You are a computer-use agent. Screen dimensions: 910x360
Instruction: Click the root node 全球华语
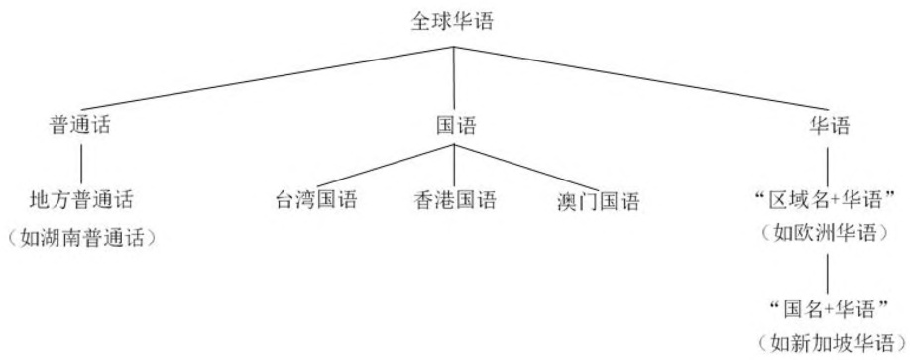(454, 20)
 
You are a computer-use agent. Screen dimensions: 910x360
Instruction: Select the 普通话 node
(80, 127)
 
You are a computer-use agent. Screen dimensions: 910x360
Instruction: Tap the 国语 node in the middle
(455, 127)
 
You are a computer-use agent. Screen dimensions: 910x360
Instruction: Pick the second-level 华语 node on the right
(829, 127)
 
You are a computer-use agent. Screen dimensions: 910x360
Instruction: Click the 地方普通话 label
(80, 201)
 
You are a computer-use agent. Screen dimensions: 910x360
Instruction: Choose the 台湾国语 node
(315, 201)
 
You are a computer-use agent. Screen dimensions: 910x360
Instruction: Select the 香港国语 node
(454, 201)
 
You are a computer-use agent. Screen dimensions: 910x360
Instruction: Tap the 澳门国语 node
(598, 201)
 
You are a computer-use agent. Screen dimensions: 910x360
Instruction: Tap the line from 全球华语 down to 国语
(454, 74)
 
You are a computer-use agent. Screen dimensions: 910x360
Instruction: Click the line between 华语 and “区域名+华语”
(829, 163)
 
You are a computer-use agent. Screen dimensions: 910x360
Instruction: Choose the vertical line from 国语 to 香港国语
(454, 165)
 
